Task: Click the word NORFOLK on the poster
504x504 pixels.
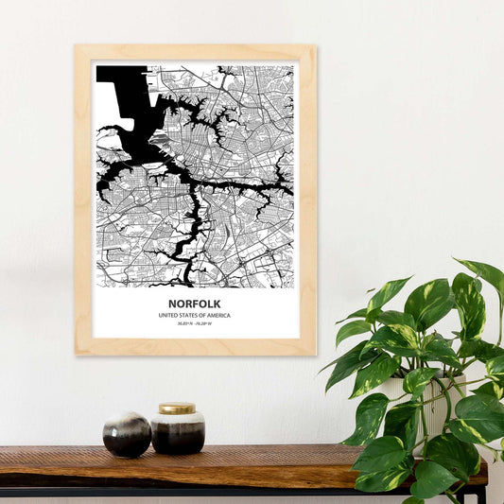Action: click(195, 304)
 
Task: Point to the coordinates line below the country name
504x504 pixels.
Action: click(195, 324)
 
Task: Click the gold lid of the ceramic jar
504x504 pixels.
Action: click(177, 409)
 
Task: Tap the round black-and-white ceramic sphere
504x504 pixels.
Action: click(127, 434)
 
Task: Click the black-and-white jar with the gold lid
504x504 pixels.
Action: click(178, 433)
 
